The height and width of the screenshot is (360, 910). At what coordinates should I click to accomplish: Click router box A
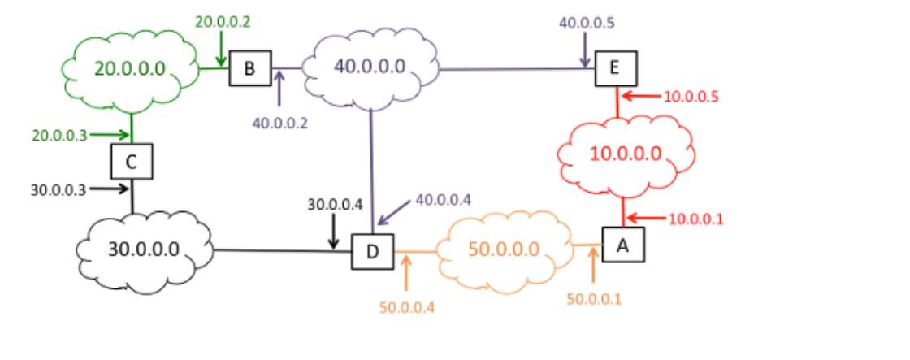(623, 244)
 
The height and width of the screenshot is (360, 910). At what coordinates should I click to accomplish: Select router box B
(250, 68)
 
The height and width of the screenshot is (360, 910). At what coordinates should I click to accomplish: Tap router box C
(132, 162)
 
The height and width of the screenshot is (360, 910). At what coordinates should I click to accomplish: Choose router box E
(614, 68)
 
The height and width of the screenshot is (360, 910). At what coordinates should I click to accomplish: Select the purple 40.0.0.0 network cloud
(370, 66)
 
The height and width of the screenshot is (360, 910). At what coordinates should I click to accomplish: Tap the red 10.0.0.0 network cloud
(625, 154)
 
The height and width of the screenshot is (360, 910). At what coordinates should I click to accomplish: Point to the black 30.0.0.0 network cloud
(144, 249)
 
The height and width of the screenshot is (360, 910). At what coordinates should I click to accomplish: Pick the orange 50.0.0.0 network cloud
(504, 249)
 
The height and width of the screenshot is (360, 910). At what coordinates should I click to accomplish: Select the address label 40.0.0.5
(587, 23)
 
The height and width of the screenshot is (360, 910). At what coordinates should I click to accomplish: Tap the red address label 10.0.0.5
(691, 97)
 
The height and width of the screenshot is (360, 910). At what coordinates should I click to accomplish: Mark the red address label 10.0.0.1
(695, 219)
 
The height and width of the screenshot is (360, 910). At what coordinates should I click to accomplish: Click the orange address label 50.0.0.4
(407, 307)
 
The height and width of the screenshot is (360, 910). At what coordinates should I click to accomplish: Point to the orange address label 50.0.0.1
(594, 299)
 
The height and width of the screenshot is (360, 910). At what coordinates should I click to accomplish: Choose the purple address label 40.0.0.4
(443, 199)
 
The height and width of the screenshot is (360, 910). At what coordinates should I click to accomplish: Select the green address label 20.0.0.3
(59, 136)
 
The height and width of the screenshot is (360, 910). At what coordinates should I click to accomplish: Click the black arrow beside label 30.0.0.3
(109, 189)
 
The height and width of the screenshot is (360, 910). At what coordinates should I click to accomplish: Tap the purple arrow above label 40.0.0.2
(279, 89)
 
